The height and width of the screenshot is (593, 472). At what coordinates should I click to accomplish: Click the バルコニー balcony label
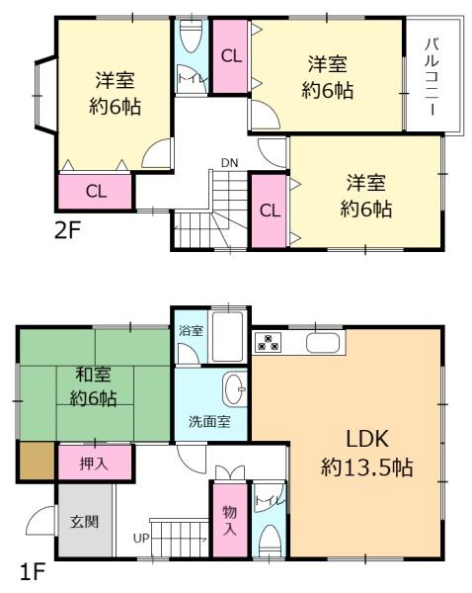pyautogui.click(x=433, y=77)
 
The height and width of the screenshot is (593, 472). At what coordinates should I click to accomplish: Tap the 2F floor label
pyautogui.click(x=68, y=230)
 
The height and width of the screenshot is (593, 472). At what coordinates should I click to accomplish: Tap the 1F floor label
pyautogui.click(x=33, y=571)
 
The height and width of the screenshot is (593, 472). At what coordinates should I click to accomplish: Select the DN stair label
pyautogui.click(x=229, y=163)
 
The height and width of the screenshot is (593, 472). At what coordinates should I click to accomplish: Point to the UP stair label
pyautogui.click(x=141, y=538)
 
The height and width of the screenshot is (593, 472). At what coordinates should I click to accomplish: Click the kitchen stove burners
pyautogui.click(x=268, y=342)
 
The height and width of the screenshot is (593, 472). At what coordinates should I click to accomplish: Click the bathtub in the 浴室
pyautogui.click(x=227, y=337)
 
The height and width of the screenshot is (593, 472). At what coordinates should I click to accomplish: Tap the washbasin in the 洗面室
pyautogui.click(x=235, y=389)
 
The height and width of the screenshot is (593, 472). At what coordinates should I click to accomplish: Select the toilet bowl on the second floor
pyautogui.click(x=191, y=36)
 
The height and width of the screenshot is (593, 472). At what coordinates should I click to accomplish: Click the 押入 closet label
pyautogui.click(x=94, y=464)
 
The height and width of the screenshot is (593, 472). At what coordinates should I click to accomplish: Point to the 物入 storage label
pyautogui.click(x=229, y=521)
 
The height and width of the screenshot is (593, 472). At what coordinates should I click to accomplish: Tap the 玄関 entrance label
pyautogui.click(x=84, y=522)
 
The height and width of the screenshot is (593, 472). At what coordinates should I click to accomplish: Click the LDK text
pyautogui.click(x=367, y=439)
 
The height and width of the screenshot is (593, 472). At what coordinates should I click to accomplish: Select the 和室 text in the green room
pyautogui.click(x=93, y=375)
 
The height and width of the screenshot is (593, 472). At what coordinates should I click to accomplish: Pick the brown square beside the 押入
pyautogui.click(x=38, y=461)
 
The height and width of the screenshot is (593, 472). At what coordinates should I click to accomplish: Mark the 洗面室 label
pyautogui.click(x=209, y=421)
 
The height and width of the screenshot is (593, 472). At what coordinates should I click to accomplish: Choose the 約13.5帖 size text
pyautogui.click(x=367, y=467)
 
